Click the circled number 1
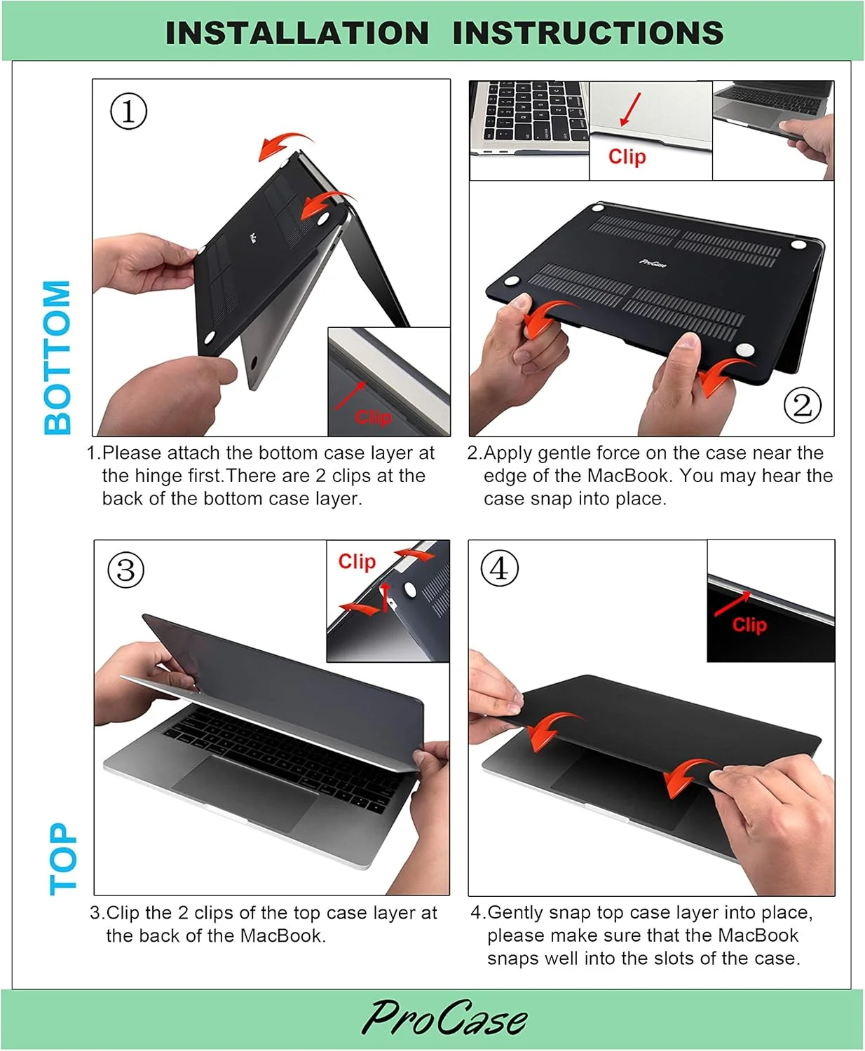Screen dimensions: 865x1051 (x=128, y=111)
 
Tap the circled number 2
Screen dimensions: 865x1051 (x=802, y=405)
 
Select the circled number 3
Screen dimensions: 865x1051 (x=126, y=570)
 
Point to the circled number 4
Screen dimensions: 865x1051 (x=500, y=568)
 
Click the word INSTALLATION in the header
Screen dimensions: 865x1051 (x=297, y=33)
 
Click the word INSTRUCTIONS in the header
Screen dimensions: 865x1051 (x=588, y=33)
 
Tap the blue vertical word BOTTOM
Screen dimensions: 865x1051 (x=58, y=357)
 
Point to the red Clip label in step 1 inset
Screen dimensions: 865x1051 (x=373, y=417)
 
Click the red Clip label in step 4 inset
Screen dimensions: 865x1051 (x=749, y=625)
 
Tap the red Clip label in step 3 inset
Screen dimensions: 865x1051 (x=357, y=562)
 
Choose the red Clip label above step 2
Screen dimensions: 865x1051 (x=627, y=157)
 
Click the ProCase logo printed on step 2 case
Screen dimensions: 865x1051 (x=653, y=263)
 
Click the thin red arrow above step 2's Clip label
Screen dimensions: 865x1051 (x=631, y=109)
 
